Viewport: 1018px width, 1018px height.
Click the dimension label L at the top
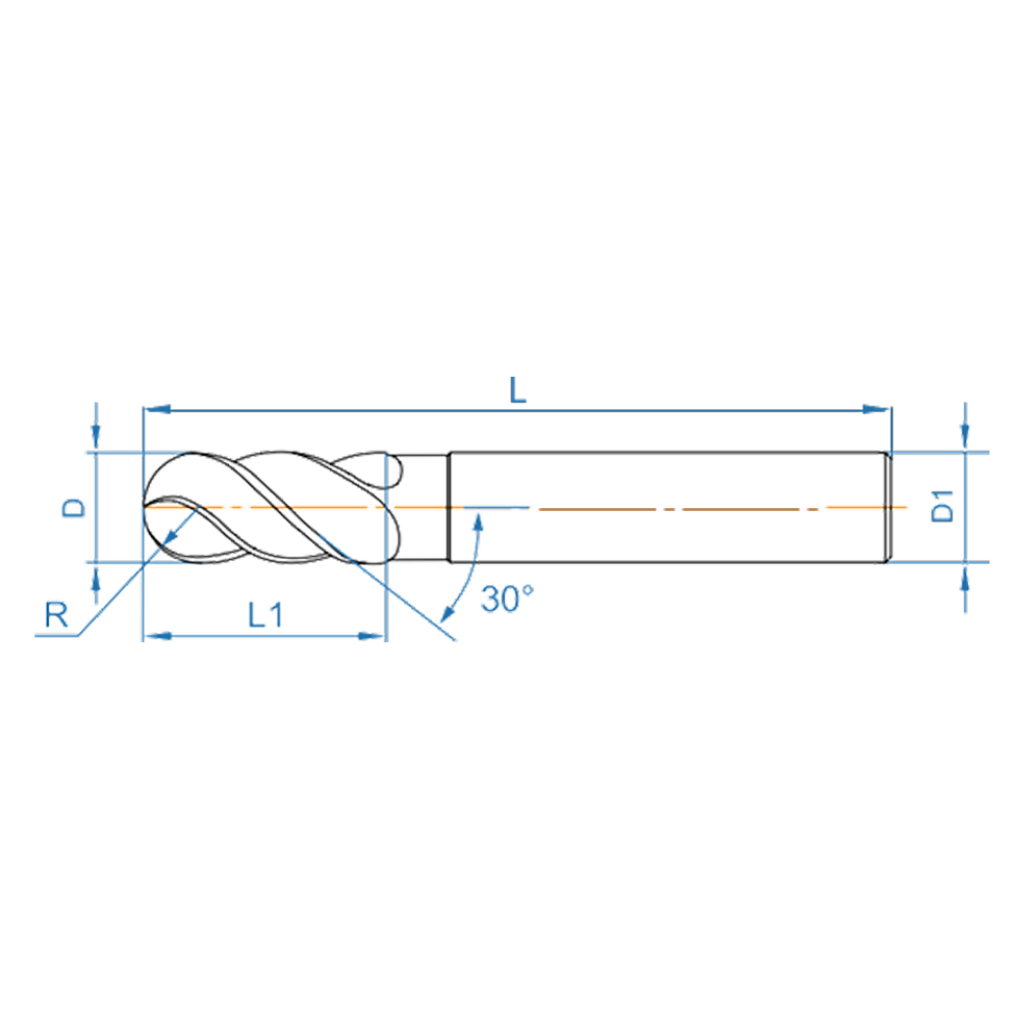point(518,391)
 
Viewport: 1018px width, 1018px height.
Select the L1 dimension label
point(264,615)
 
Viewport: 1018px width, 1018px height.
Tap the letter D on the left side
point(74,507)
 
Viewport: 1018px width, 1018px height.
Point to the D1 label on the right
point(943,508)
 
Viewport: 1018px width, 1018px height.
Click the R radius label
point(56,616)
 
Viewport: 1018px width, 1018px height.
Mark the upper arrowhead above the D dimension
point(95,440)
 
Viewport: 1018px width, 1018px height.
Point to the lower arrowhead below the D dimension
point(95,576)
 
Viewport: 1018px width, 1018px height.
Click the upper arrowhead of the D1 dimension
point(965,440)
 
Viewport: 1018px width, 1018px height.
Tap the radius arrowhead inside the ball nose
point(173,532)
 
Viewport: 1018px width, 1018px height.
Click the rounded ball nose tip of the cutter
point(149,507)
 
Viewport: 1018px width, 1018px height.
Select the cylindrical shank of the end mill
point(666,507)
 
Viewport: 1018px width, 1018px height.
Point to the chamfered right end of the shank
point(890,507)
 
